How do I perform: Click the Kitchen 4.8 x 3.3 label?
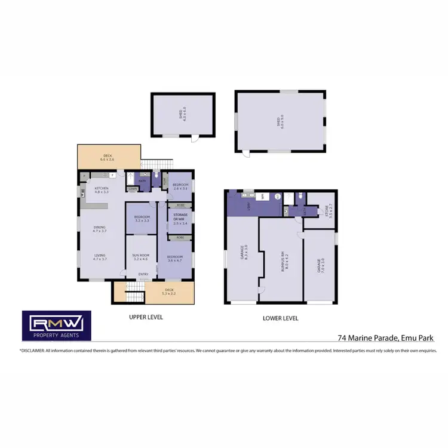(x=102, y=190)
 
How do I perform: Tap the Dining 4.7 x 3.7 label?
(x=99, y=229)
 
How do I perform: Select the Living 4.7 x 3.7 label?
(x=99, y=257)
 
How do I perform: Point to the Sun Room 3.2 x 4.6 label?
(x=140, y=257)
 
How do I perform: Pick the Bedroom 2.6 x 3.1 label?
(x=180, y=186)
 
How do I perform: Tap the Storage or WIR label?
(x=180, y=219)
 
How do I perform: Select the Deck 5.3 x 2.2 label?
(x=170, y=292)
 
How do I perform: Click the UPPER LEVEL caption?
(x=146, y=317)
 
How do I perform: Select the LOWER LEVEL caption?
(x=280, y=318)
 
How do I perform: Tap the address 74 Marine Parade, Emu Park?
(x=385, y=338)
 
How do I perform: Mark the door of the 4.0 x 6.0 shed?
(x=193, y=139)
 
